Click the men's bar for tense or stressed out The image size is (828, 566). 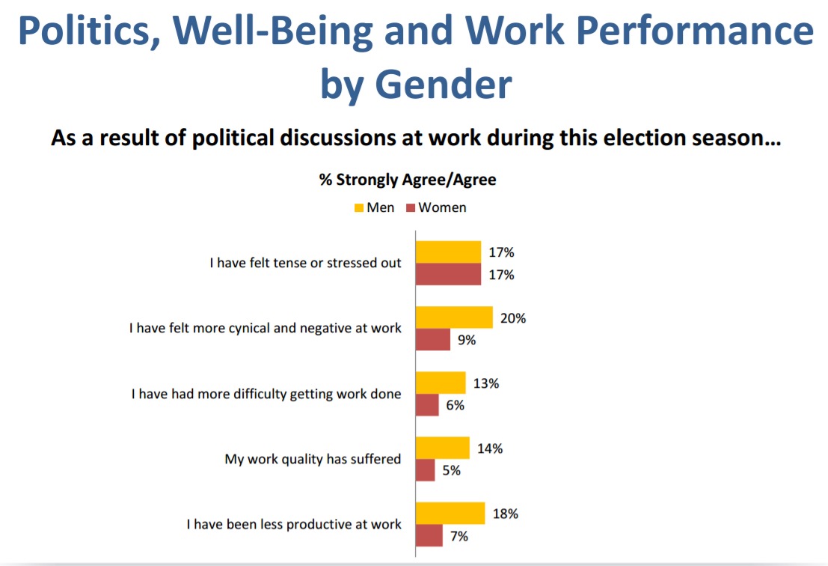pyautogui.click(x=448, y=252)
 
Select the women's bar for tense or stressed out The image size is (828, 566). pyautogui.click(x=448, y=274)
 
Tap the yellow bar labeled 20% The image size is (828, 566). pyautogui.click(x=454, y=317)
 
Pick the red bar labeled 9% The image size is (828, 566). pyautogui.click(x=433, y=339)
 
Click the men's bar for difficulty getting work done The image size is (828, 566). pyautogui.click(x=441, y=383)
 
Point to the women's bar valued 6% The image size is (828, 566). pyautogui.click(x=427, y=405)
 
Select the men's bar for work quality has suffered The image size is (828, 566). pyautogui.click(x=442, y=448)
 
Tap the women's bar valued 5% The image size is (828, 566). pyautogui.click(x=426, y=470)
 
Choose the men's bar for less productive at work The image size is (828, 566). pyautogui.click(x=450, y=514)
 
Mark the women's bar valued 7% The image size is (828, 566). pyautogui.click(x=429, y=535)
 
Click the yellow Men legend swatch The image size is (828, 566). pyautogui.click(x=358, y=207)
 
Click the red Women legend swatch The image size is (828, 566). pyautogui.click(x=410, y=207)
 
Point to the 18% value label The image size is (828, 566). pyautogui.click(x=505, y=514)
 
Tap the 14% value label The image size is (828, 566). pyautogui.click(x=491, y=448)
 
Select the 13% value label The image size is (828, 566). pyautogui.click(x=486, y=383)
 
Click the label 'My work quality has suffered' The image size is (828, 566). pyautogui.click(x=313, y=459)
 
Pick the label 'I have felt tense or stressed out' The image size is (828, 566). pyautogui.click(x=304, y=264)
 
